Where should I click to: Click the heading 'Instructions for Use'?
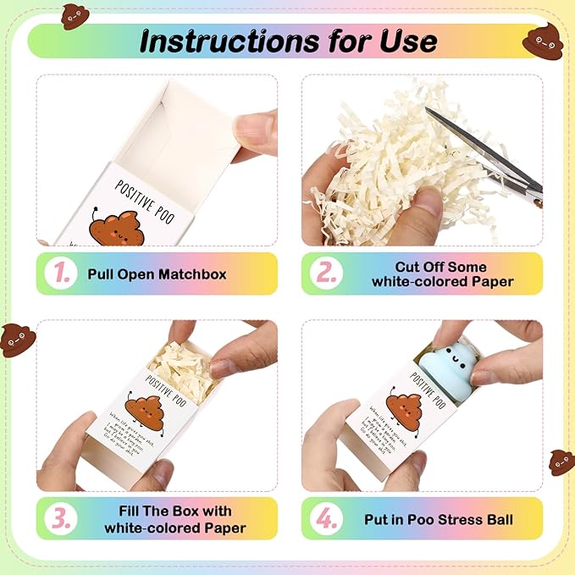pyautogui.click(x=288, y=41)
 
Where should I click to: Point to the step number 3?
pyautogui.click(x=60, y=518)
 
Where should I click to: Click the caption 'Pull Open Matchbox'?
pyautogui.click(x=158, y=274)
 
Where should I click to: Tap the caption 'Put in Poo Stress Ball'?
pyautogui.click(x=441, y=518)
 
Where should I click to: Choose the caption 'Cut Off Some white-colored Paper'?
pyautogui.click(x=454, y=274)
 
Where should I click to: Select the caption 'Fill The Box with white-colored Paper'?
pyautogui.click(x=175, y=518)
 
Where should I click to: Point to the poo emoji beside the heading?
pyautogui.click(x=543, y=39)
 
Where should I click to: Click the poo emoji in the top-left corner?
pyautogui.click(x=75, y=15)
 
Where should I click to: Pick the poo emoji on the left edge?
pyautogui.click(x=17, y=339)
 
